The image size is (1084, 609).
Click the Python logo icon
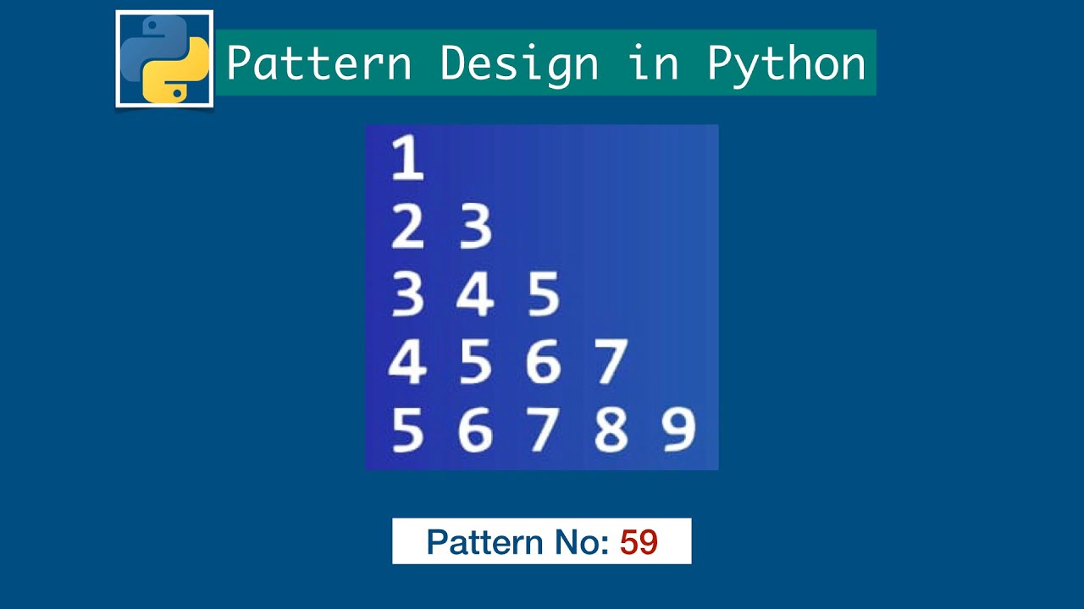coord(164,59)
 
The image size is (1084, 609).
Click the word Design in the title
coord(518,63)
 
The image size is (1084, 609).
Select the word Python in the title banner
coord(786,63)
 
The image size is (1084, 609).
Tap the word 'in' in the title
coord(653,63)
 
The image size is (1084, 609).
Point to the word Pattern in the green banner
coord(319,63)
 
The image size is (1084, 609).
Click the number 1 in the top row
coord(407,159)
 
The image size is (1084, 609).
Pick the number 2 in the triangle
coord(407,227)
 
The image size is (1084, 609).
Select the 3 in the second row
coord(475,227)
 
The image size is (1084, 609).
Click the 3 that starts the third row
coord(407,295)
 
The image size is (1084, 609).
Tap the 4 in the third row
coord(475,295)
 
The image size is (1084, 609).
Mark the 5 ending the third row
coord(543,295)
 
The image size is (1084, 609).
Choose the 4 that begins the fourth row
coord(407,362)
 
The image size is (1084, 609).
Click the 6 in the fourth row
coord(543,362)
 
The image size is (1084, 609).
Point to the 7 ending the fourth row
coord(611,362)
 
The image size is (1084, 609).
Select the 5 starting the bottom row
coord(407,430)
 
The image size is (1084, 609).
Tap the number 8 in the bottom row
coord(611,430)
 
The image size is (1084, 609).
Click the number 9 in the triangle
coord(678,430)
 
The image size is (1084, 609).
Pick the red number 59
coord(639,542)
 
